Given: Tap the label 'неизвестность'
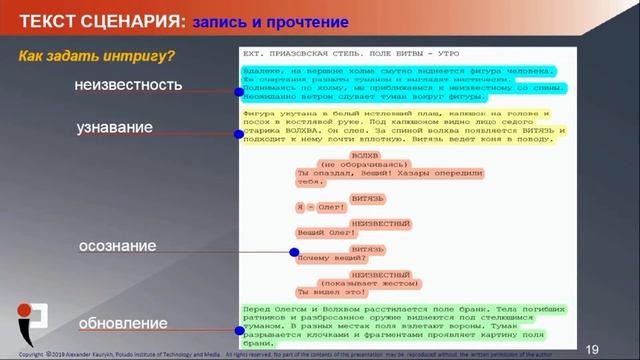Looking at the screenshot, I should click(x=128, y=86).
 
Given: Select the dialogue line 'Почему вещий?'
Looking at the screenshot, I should click(x=327, y=257).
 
